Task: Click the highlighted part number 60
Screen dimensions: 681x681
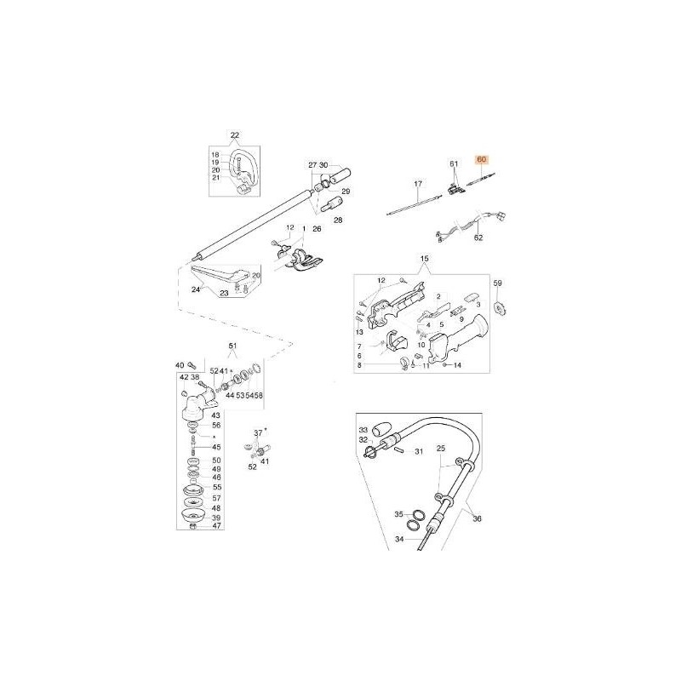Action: [x=483, y=159]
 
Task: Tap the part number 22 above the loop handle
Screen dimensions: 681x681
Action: [x=235, y=134]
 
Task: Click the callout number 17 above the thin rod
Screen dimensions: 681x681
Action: [x=417, y=184]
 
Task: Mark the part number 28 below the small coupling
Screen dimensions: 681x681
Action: [x=338, y=220]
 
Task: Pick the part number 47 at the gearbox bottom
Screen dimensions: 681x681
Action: [x=216, y=527]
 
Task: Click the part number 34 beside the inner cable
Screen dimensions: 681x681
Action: [x=398, y=539]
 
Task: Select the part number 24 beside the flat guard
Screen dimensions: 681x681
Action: [x=195, y=289]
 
